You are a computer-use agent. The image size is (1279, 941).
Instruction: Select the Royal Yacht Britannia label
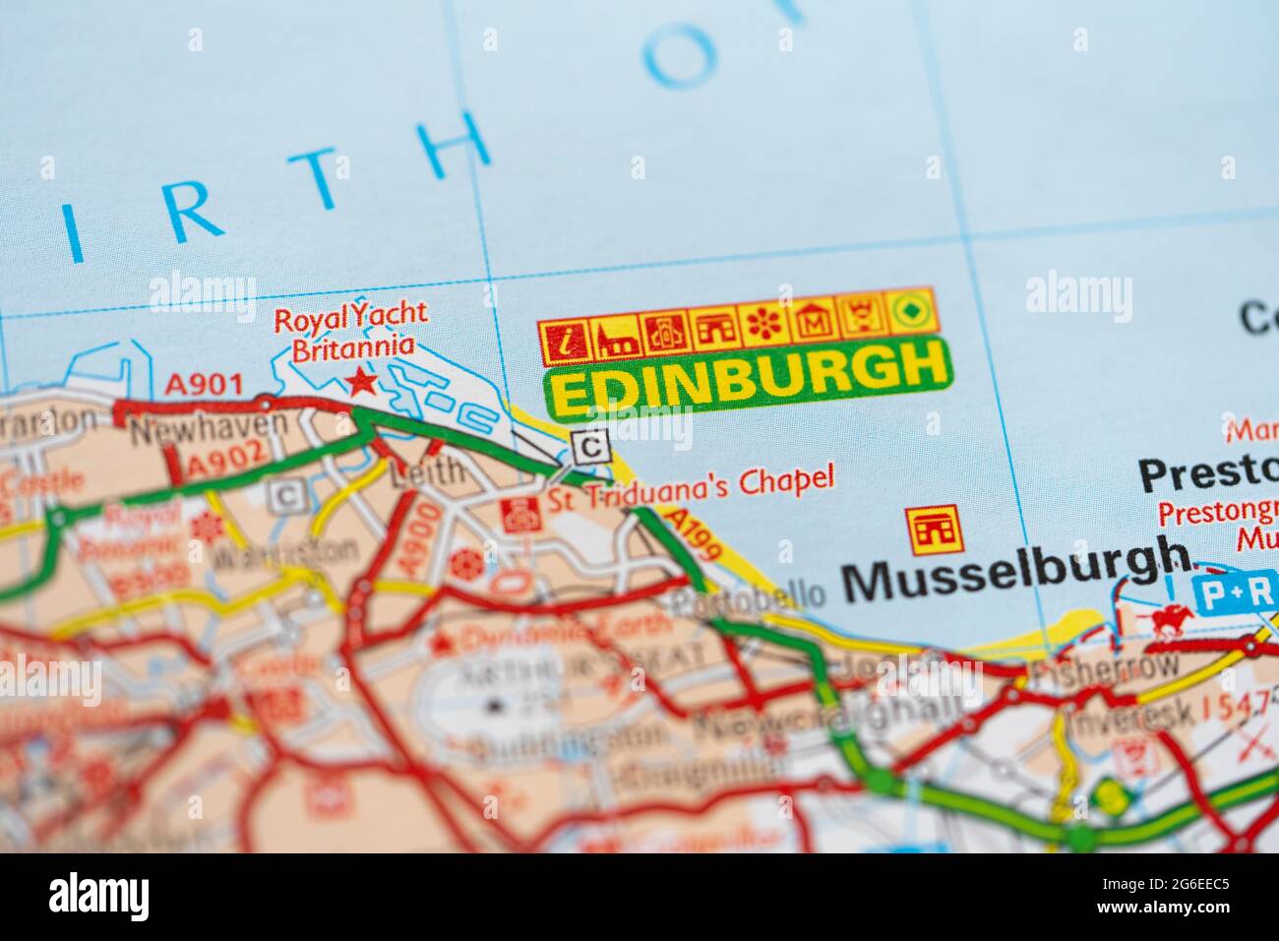coord(350,331)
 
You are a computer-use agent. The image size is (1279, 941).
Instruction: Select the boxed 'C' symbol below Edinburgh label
coord(590,448)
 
